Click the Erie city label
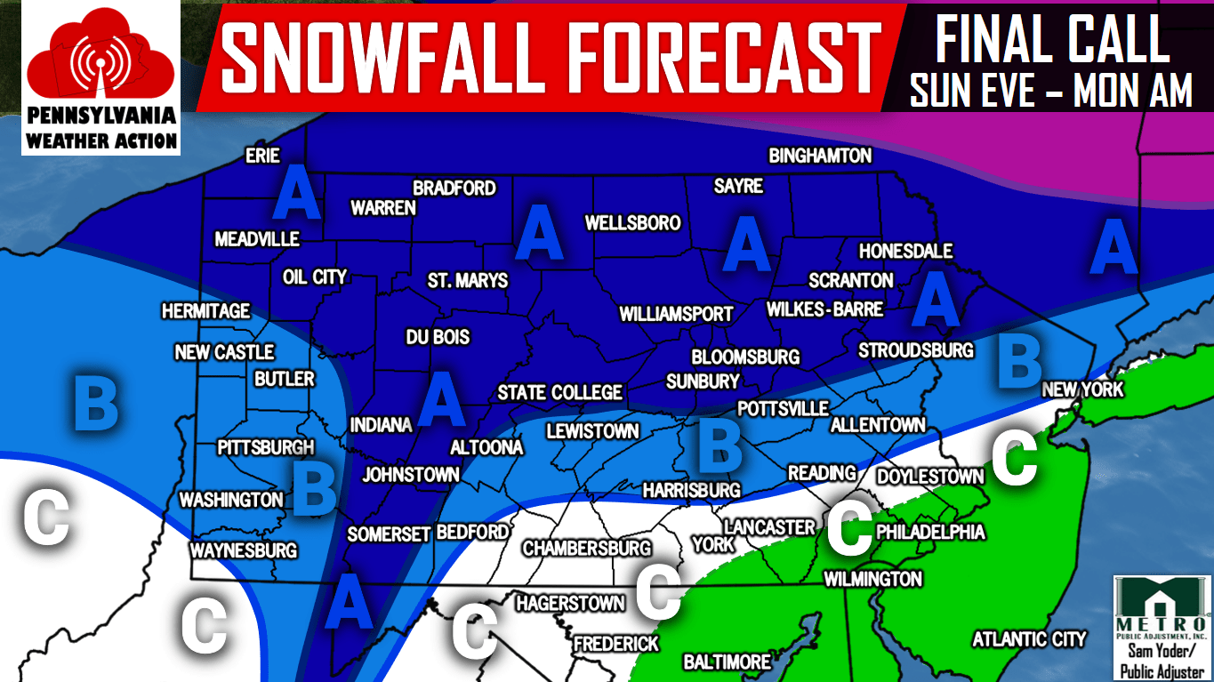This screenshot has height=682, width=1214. [x=262, y=156]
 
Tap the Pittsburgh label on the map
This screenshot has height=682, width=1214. [x=267, y=447]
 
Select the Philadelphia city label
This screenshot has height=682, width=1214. [x=930, y=532]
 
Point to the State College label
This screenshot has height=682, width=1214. [x=559, y=393]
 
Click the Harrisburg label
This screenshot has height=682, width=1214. [x=691, y=490]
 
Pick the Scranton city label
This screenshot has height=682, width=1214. [x=850, y=280]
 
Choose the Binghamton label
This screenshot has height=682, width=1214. [x=820, y=156]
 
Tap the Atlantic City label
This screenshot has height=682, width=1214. [x=1029, y=639]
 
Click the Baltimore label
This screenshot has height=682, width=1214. [x=727, y=662]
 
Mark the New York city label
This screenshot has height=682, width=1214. [x=1082, y=389]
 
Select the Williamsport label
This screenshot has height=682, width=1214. [x=676, y=314]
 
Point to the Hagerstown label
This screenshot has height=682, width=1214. [x=570, y=604]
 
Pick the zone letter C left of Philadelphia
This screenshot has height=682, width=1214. [x=850, y=529]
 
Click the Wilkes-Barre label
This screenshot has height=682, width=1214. [x=824, y=309]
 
